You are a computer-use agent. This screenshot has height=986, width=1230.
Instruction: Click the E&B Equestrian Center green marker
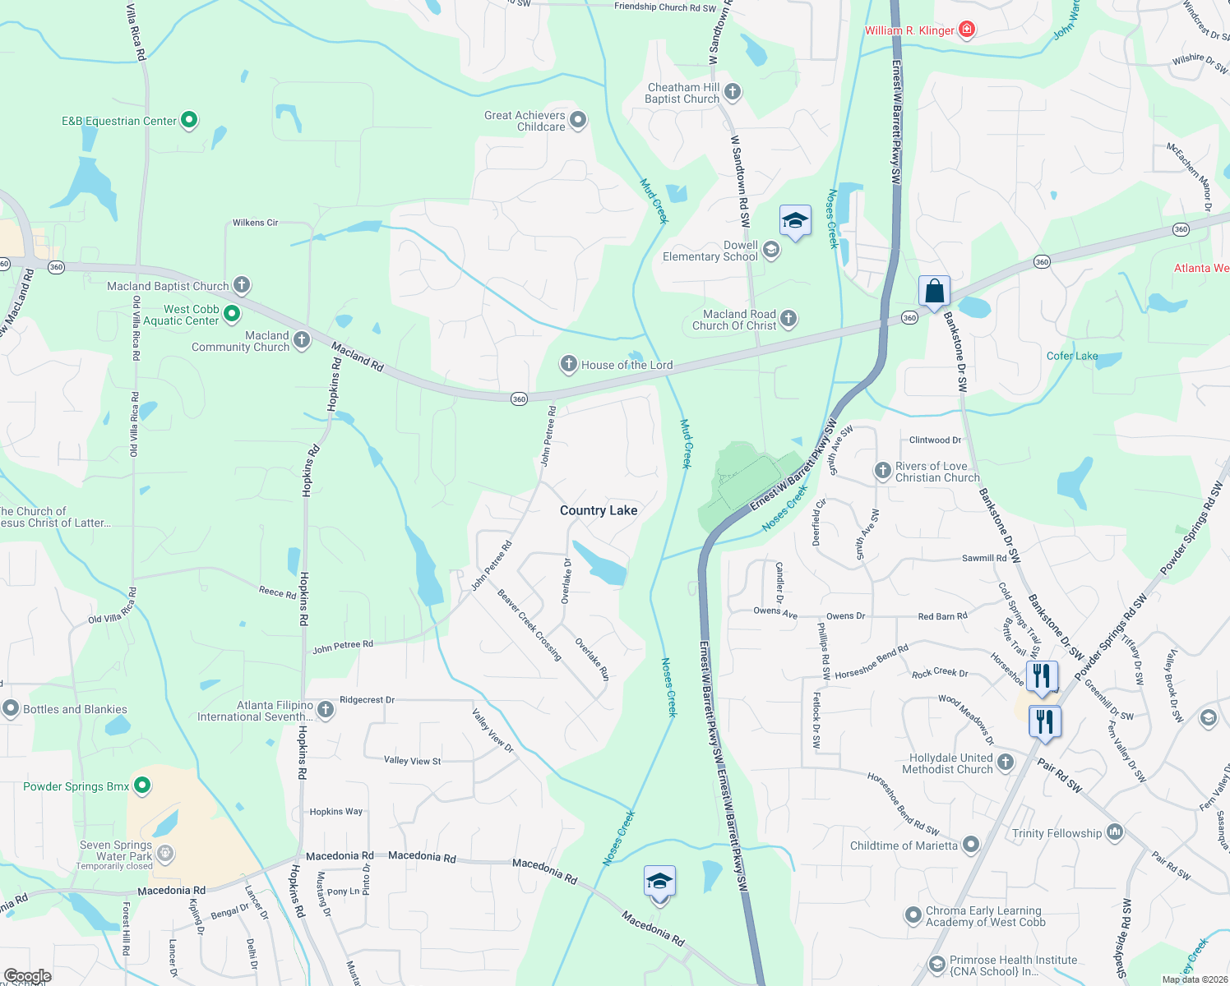tap(189, 120)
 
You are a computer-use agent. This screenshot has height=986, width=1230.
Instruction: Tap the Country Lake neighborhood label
tap(599, 510)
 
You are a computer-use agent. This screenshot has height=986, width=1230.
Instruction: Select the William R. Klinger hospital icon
tap(967, 30)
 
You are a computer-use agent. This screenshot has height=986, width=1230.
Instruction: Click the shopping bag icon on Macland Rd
tap(934, 292)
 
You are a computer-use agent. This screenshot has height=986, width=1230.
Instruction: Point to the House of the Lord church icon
tap(568, 364)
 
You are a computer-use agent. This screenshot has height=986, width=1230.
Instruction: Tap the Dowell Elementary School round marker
tap(771, 250)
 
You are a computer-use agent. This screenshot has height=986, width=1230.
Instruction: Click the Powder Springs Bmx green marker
tap(142, 786)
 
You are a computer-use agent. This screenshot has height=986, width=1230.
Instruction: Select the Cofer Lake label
tap(1072, 356)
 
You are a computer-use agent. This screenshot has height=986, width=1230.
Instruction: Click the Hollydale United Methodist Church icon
tap(1006, 763)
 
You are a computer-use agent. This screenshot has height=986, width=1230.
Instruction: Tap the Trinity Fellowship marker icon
tap(1115, 832)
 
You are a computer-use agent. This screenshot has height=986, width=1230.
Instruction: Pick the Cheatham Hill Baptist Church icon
tap(733, 92)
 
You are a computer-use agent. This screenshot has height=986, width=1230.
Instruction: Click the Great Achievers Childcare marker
tap(578, 120)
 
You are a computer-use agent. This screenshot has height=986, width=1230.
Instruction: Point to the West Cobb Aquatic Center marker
tap(232, 313)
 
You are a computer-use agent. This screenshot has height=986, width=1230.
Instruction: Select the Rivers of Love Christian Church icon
tap(882, 471)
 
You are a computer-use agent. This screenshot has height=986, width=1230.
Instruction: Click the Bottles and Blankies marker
tap(11, 708)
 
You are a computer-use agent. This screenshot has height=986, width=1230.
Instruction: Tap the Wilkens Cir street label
tap(255, 223)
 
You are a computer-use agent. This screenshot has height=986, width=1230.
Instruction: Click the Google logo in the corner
tap(27, 976)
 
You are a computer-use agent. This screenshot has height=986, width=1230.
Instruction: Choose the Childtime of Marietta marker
tap(971, 845)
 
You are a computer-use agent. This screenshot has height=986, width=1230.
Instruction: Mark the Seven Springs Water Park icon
tap(165, 854)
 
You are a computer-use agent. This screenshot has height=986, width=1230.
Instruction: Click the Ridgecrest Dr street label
tap(367, 700)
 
